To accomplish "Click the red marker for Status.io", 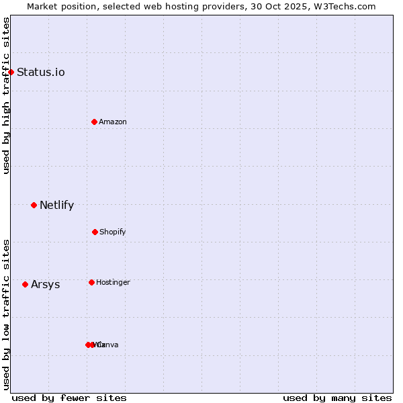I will click(11, 72).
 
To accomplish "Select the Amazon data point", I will click(95, 122).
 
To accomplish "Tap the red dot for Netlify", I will click(34, 205).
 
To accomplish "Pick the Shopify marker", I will click(95, 232).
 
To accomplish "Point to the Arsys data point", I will click(26, 284).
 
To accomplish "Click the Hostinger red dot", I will click(91, 282).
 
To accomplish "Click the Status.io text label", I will click(41, 73).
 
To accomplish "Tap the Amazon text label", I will click(113, 122).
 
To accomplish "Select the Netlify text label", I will click(56, 206).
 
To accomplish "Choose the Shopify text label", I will click(113, 232).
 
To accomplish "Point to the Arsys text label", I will click(45, 285).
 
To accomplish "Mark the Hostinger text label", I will click(113, 283).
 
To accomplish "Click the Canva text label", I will click(108, 345).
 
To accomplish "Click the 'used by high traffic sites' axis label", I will click(6, 95).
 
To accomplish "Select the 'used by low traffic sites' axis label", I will click(6, 314).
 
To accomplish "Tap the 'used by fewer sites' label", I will click(69, 398).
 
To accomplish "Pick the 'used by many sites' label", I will click(337, 398).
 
